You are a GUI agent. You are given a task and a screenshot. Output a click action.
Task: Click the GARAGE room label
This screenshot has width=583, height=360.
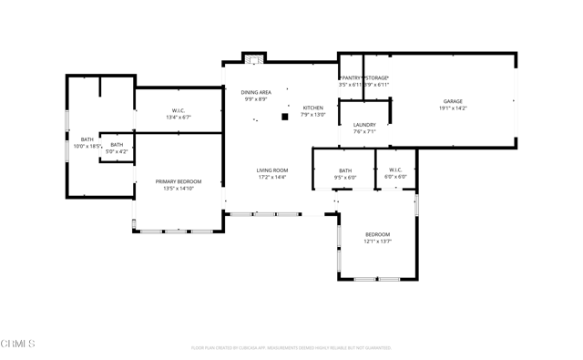[453, 101]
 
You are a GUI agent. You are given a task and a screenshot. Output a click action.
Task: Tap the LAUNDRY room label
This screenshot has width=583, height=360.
[364, 125]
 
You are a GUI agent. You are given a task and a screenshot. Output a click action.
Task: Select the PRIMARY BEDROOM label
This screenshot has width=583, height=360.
[179, 181]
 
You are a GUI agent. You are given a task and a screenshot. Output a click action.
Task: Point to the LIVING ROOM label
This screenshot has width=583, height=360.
[271, 170]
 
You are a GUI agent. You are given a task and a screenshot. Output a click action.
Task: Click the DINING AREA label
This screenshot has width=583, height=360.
[256, 92]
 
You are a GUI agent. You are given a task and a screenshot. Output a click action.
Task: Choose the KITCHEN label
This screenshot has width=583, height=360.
[313, 108]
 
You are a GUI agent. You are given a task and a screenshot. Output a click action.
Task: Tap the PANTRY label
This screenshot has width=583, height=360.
[351, 78]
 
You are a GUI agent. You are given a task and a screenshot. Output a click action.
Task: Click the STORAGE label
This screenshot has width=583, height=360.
[377, 78]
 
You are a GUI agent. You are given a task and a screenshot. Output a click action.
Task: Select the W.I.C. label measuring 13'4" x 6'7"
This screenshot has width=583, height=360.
[179, 110]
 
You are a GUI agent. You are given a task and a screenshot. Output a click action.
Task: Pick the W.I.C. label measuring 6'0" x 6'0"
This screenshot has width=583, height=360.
[395, 170]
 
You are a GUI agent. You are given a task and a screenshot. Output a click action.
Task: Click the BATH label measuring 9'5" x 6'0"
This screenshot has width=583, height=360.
[345, 170]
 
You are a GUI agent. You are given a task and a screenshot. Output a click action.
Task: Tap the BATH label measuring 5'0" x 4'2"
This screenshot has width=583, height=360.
[117, 144]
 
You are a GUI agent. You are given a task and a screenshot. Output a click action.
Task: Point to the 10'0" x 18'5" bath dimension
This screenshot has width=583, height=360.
[87, 146]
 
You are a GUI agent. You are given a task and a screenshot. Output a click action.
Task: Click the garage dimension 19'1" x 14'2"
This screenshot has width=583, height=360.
[453, 108]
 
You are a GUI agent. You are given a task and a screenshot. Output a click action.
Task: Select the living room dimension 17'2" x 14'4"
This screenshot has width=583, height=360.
[271, 178]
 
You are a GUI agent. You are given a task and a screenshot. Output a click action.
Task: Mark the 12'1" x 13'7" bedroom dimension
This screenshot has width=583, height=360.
[377, 242]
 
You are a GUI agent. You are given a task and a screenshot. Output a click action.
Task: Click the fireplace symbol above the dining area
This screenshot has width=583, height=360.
[254, 59]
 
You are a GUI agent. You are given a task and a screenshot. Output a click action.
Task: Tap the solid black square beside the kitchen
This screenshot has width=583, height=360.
[285, 117]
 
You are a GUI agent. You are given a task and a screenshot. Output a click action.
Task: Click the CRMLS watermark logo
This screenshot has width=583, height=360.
[18, 344]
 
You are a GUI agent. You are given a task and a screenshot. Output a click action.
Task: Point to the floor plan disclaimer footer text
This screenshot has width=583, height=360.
[291, 347]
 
